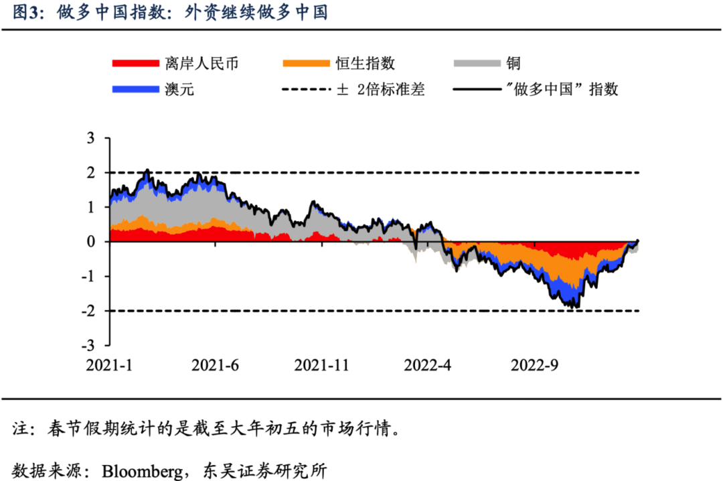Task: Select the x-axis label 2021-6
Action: point(216,365)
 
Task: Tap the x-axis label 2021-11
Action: point(322,365)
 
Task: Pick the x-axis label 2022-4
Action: point(428,365)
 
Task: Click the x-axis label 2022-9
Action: point(534,365)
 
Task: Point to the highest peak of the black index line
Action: point(147,170)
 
